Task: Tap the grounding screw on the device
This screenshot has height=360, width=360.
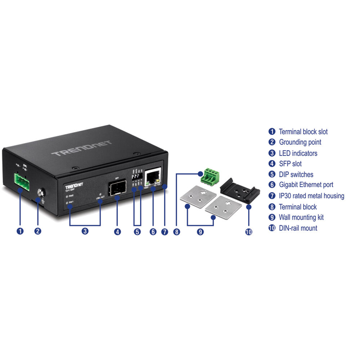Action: point(40,194)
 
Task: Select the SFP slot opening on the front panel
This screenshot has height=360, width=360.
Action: point(117,188)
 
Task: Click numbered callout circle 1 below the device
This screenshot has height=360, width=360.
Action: point(20,231)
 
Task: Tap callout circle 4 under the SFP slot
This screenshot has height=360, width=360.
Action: point(117,232)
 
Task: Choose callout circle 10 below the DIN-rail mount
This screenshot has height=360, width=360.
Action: point(248,232)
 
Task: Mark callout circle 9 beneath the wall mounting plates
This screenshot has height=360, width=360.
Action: point(201,232)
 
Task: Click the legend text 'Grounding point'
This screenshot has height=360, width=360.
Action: point(300,142)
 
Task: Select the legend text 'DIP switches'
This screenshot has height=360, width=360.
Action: point(296,175)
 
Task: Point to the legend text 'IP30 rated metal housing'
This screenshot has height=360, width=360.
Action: point(311,196)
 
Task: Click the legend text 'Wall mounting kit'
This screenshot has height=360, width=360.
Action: point(301,217)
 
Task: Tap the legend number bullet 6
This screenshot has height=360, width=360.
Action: point(272,185)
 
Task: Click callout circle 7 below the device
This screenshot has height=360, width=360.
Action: point(165,232)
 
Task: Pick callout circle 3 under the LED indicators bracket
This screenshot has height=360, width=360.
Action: point(85,231)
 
